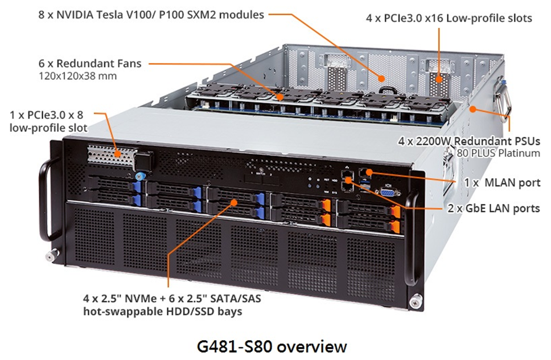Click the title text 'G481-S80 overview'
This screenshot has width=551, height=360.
point(272,346)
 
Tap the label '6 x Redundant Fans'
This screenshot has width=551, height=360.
point(90,63)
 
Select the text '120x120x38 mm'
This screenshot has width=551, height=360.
point(77,76)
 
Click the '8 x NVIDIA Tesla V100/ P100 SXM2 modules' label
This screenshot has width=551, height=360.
point(151,15)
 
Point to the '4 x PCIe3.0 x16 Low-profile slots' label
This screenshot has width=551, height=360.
point(449,18)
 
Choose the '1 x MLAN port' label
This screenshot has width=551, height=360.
point(502,182)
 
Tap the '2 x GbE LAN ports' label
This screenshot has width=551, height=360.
point(494,208)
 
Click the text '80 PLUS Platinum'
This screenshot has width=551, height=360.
point(498,153)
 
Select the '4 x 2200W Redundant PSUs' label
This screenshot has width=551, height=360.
point(469,141)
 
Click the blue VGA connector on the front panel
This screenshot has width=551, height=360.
point(388,192)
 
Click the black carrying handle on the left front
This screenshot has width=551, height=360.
point(48,201)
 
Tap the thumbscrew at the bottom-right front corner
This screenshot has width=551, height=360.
point(417,301)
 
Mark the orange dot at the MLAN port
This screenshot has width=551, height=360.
point(369,172)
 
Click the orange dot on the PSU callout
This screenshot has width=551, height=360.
point(473,109)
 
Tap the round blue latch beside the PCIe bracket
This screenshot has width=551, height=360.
point(140,176)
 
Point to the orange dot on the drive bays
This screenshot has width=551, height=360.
point(234,202)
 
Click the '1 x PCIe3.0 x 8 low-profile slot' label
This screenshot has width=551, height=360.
point(48,121)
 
